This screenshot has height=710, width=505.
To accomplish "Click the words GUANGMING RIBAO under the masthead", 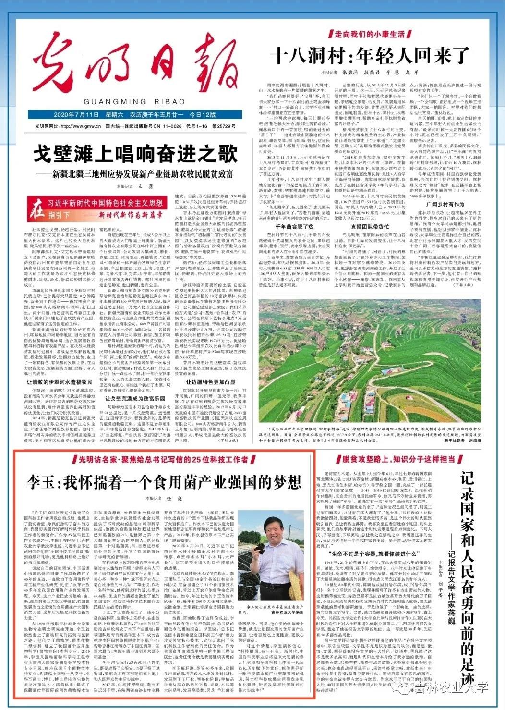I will pos(134,102).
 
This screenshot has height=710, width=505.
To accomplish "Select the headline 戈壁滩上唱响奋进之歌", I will pos(135,155).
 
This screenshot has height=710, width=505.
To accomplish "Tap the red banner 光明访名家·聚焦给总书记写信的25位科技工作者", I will pos(162,459).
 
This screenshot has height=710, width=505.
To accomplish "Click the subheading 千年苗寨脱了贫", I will pos(288,226).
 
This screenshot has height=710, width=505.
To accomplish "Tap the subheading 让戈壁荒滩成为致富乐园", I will pos(135,399).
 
